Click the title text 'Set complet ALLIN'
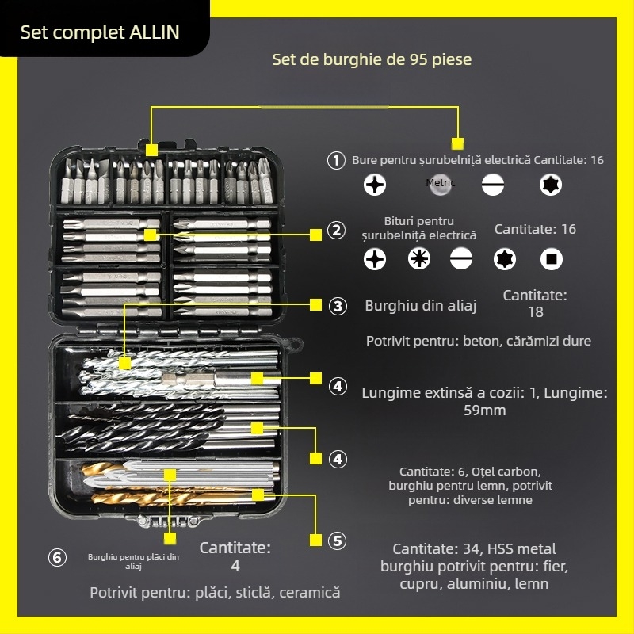point(100,32)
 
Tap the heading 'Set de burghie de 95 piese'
point(372,59)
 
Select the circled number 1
point(337,160)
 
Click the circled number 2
point(337,231)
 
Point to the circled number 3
point(338,306)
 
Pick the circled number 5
point(338,541)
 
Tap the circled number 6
point(57,558)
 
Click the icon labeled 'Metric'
point(441,184)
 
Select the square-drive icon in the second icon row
point(552,258)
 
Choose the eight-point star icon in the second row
point(419,258)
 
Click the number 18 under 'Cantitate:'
point(536,312)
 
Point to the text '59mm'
point(484,411)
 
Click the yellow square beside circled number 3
point(315,304)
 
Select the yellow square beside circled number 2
point(315,234)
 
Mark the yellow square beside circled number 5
point(315,540)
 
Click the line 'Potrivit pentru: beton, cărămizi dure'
point(478,341)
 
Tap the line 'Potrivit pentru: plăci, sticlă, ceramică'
point(215,592)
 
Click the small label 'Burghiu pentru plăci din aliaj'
point(134,561)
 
